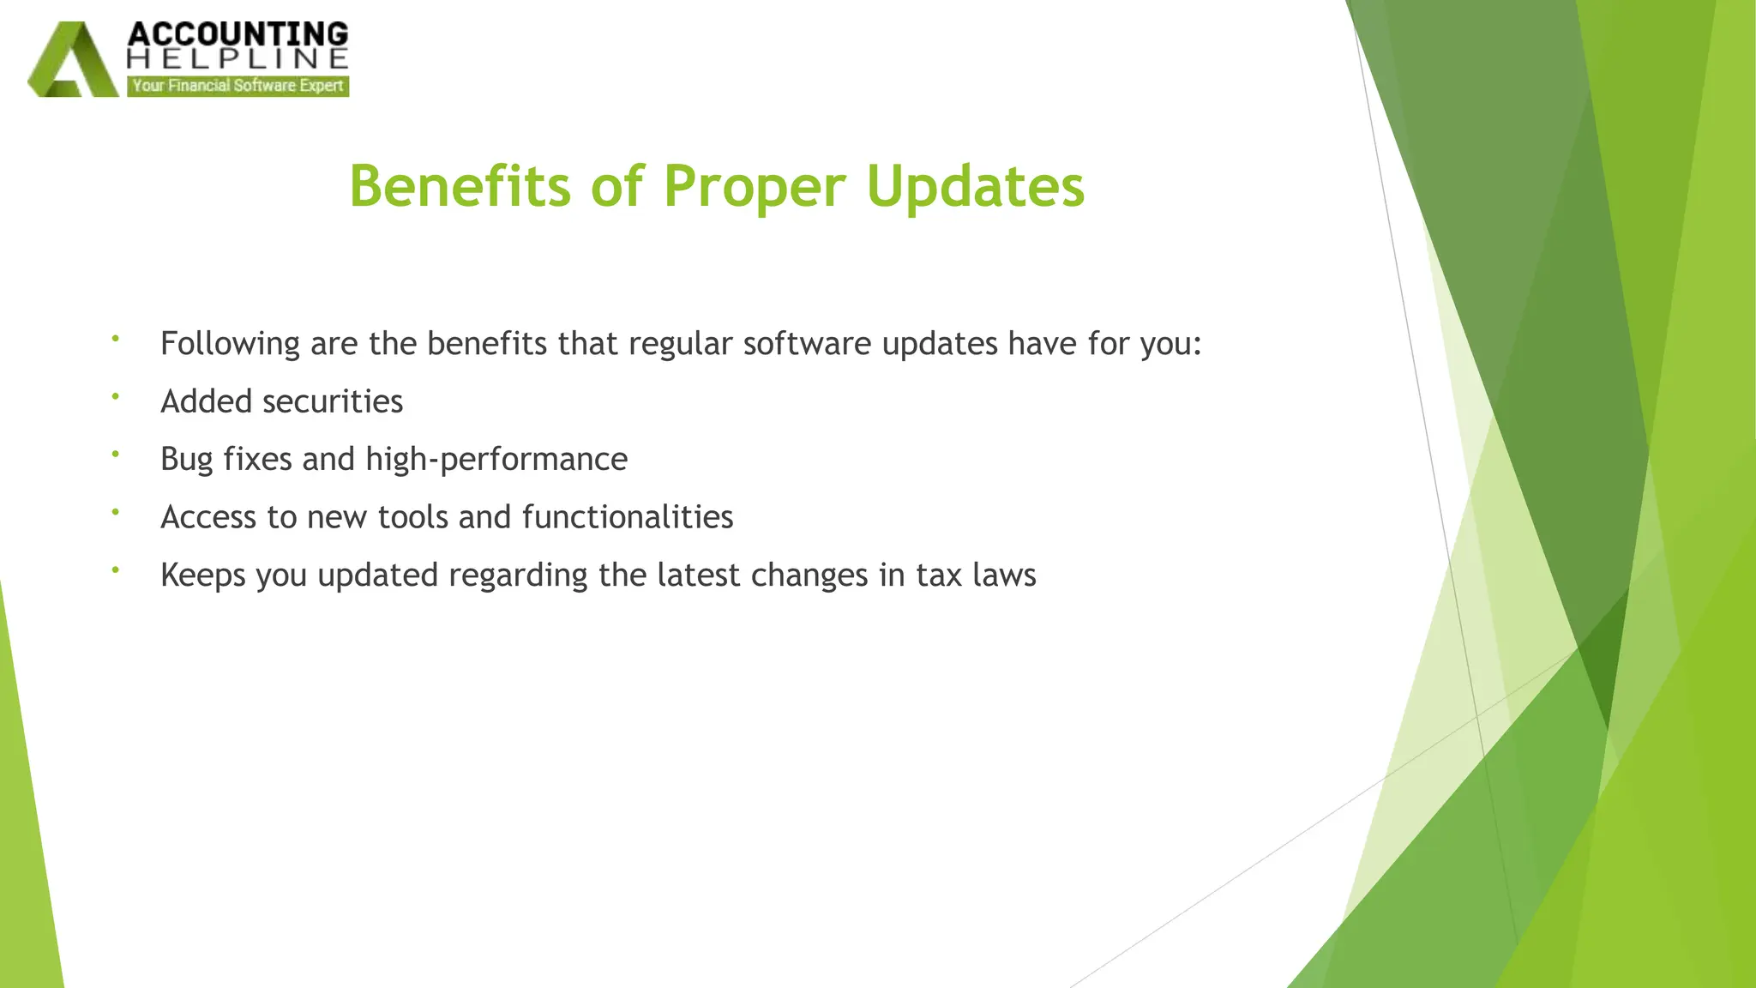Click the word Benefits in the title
coord(459,186)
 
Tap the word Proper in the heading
coord(755,186)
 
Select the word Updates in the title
coord(975,186)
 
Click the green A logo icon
coord(73,60)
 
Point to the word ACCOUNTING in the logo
coord(238,34)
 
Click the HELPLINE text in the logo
coord(238,58)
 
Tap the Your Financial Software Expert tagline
coord(238,86)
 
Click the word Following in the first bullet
coord(230,344)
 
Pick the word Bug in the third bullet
coord(186,460)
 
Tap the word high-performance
coord(496,460)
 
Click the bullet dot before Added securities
coord(115,395)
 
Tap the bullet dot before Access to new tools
coord(115,511)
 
